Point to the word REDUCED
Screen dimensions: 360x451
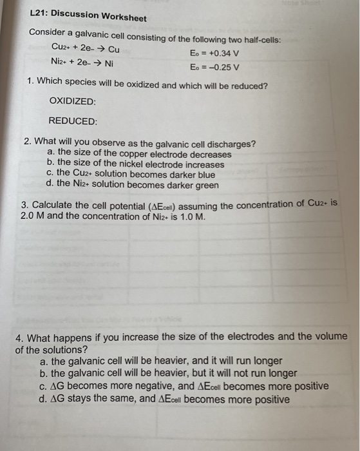tap(73, 121)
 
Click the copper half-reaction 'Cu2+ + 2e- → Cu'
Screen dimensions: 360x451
tap(85, 49)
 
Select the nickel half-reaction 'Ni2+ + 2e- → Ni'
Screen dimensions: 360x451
tap(82, 63)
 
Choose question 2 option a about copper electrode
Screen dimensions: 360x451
tap(140, 155)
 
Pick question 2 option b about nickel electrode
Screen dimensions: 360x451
tap(136, 164)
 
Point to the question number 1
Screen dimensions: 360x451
tap(32, 84)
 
